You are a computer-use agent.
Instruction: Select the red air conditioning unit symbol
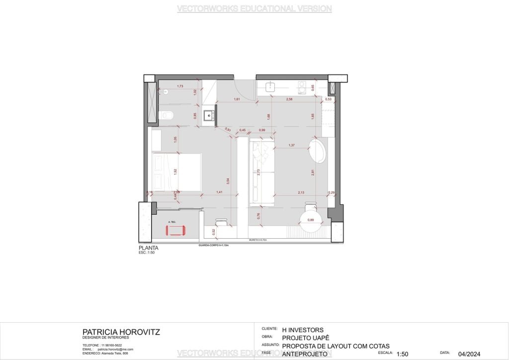click(x=175, y=231)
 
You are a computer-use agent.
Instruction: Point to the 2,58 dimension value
click(x=289, y=100)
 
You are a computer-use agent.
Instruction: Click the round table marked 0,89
click(x=311, y=220)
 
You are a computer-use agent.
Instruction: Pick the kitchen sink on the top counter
click(x=270, y=87)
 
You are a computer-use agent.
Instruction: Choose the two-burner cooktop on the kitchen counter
click(x=302, y=88)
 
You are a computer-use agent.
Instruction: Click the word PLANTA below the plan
click(x=149, y=248)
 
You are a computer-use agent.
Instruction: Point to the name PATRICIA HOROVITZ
click(x=121, y=332)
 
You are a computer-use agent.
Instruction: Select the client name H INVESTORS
click(x=302, y=330)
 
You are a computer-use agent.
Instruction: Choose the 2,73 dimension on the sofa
click(x=258, y=173)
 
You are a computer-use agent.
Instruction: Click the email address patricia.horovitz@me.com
click(x=115, y=350)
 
